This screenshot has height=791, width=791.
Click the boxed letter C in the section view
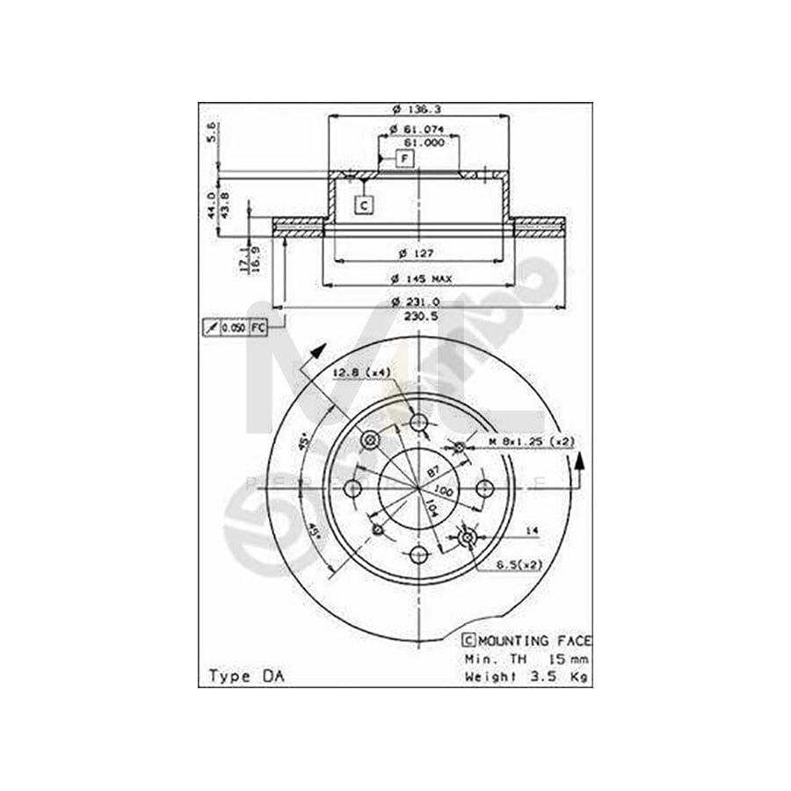364,205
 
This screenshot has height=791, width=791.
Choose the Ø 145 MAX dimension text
421,278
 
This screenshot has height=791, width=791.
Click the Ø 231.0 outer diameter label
419,301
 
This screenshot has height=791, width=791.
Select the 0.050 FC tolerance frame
235,328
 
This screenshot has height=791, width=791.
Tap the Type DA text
240,676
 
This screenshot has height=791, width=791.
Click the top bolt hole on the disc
419,425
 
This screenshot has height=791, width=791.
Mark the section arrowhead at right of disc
578,461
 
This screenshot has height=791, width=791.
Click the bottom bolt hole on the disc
419,554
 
